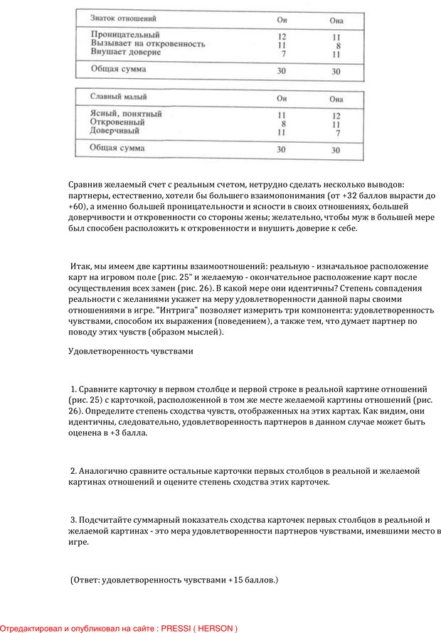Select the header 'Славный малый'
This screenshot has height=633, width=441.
click(x=120, y=97)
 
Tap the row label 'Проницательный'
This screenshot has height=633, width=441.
click(x=125, y=34)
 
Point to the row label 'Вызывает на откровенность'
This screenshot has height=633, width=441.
click(x=148, y=43)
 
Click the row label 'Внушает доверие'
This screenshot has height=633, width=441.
click(x=126, y=53)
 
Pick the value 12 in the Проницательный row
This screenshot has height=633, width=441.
click(x=282, y=36)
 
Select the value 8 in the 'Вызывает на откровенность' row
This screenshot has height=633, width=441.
click(x=336, y=45)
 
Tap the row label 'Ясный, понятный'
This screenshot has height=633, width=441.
click(x=126, y=113)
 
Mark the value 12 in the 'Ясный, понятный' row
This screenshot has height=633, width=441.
click(x=336, y=115)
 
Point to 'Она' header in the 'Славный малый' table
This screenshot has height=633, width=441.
click(x=336, y=99)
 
